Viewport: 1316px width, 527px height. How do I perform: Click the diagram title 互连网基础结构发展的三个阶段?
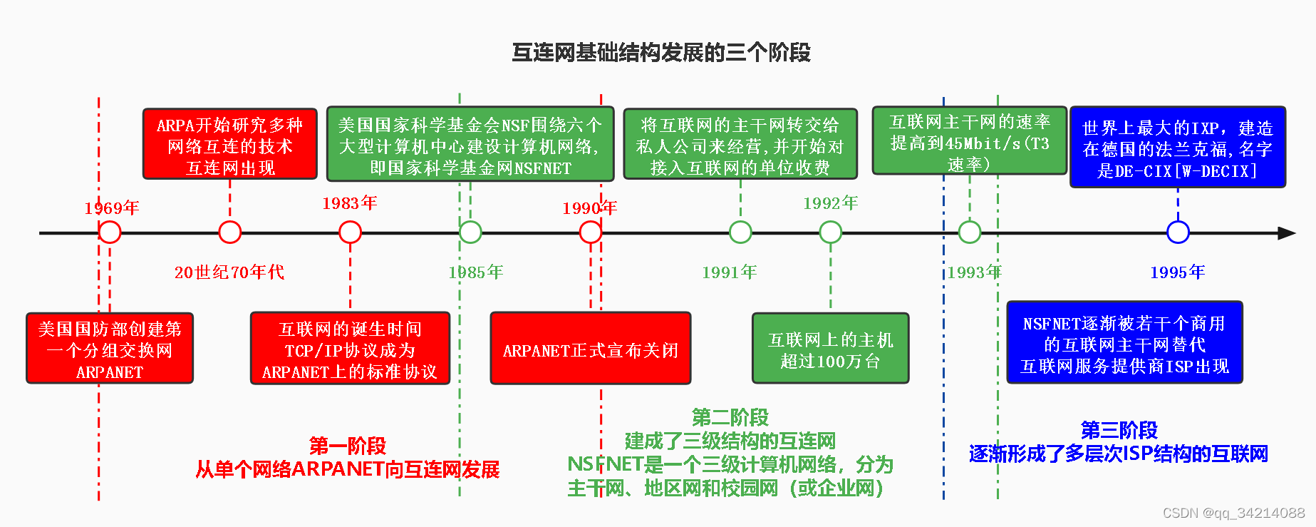pos(661,53)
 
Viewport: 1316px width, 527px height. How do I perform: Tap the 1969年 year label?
pos(112,208)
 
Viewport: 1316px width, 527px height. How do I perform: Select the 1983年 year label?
pos(349,203)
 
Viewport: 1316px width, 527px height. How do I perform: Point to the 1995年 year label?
pos(1177,272)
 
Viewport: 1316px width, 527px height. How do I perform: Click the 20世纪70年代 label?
pos(229,272)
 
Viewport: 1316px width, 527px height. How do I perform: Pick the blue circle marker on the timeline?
pos(1178,232)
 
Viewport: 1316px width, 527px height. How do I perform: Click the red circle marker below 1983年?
pos(350,232)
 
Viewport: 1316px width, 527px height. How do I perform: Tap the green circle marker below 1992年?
pos(830,232)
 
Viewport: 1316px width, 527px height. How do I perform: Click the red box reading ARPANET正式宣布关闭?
pos(590,349)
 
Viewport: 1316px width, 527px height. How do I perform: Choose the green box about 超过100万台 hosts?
pos(830,349)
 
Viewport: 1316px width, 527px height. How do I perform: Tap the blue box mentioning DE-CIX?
pos(1177,148)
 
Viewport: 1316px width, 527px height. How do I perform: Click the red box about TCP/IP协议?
pos(350,349)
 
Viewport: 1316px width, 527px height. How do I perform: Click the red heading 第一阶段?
pos(348,446)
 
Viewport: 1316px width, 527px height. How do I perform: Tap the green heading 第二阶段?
pos(730,417)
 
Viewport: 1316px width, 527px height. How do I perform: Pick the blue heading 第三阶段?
pos(1119,431)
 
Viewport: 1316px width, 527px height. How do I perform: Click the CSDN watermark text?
pos(1233,513)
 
